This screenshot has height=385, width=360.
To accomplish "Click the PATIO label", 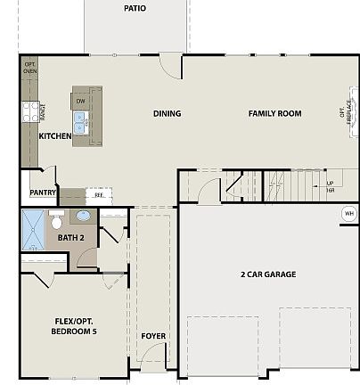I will tap(135, 9).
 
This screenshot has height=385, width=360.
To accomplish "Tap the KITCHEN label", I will tap(55, 136).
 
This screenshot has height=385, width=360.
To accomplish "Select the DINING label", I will tap(167, 113).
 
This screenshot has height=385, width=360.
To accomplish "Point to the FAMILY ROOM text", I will tap(274, 113).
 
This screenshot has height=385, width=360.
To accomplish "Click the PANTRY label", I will tap(43, 192).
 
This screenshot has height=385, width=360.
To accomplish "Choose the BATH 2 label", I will tap(70, 238).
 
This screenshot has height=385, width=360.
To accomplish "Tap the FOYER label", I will tap(153, 336).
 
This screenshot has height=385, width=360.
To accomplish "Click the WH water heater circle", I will tap(348, 214).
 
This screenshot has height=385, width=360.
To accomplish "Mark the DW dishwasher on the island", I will tap(80, 102).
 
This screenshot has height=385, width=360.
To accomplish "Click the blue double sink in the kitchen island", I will tap(80, 126).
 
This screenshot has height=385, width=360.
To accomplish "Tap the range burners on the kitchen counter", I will tap(29, 111).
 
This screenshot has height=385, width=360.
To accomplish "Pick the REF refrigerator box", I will tap(98, 193).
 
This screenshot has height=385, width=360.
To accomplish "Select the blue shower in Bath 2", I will tap(33, 231).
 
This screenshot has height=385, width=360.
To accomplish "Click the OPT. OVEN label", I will tap(29, 69).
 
